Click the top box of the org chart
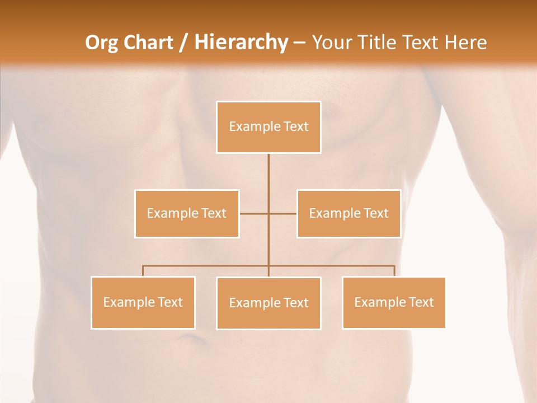[268, 127]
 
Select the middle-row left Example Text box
[187, 213]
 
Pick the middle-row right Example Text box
[348, 213]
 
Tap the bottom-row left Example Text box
[143, 302]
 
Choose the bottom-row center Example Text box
[268, 303]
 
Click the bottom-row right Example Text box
[394, 302]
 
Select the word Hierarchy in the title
[241, 43]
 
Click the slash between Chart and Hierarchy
[183, 43]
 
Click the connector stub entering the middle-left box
[253, 213]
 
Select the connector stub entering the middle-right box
[284, 213]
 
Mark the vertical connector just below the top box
[268, 168]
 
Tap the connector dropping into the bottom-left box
[143, 271]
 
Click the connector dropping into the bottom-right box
[394, 271]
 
